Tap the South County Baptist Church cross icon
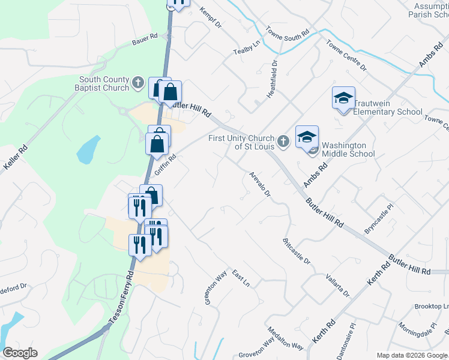138,82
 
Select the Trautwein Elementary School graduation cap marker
343,99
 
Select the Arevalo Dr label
261,186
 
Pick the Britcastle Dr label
297,251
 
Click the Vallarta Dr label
337,284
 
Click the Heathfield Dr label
274,79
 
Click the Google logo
20,353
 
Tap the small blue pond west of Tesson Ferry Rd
88,149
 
